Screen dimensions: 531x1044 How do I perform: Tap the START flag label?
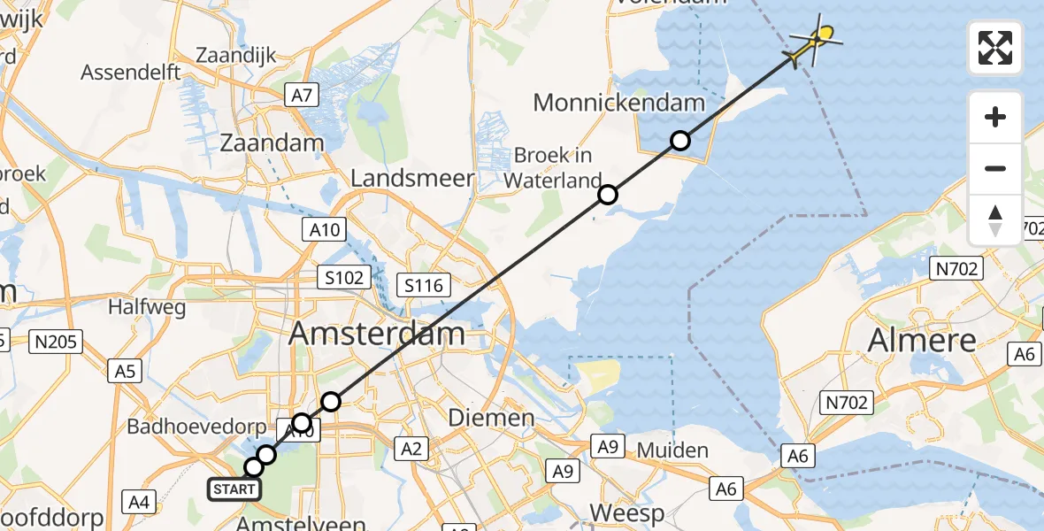coord(234,489)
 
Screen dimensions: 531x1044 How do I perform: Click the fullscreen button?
coord(995,48)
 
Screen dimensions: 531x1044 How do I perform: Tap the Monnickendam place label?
coord(618,103)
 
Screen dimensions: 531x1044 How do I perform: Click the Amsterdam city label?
coord(377,334)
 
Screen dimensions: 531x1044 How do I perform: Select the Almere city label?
coord(922,340)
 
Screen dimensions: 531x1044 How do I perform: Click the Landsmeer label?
coord(412,178)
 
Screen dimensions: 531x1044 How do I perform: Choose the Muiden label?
coord(673,450)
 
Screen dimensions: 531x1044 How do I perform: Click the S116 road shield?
coord(425,285)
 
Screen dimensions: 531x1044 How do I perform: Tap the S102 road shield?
coord(343,278)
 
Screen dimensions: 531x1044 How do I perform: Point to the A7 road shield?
coord(302,95)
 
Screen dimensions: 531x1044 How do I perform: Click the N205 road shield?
coord(55,341)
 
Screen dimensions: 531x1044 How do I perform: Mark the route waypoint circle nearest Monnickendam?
coord(679,140)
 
